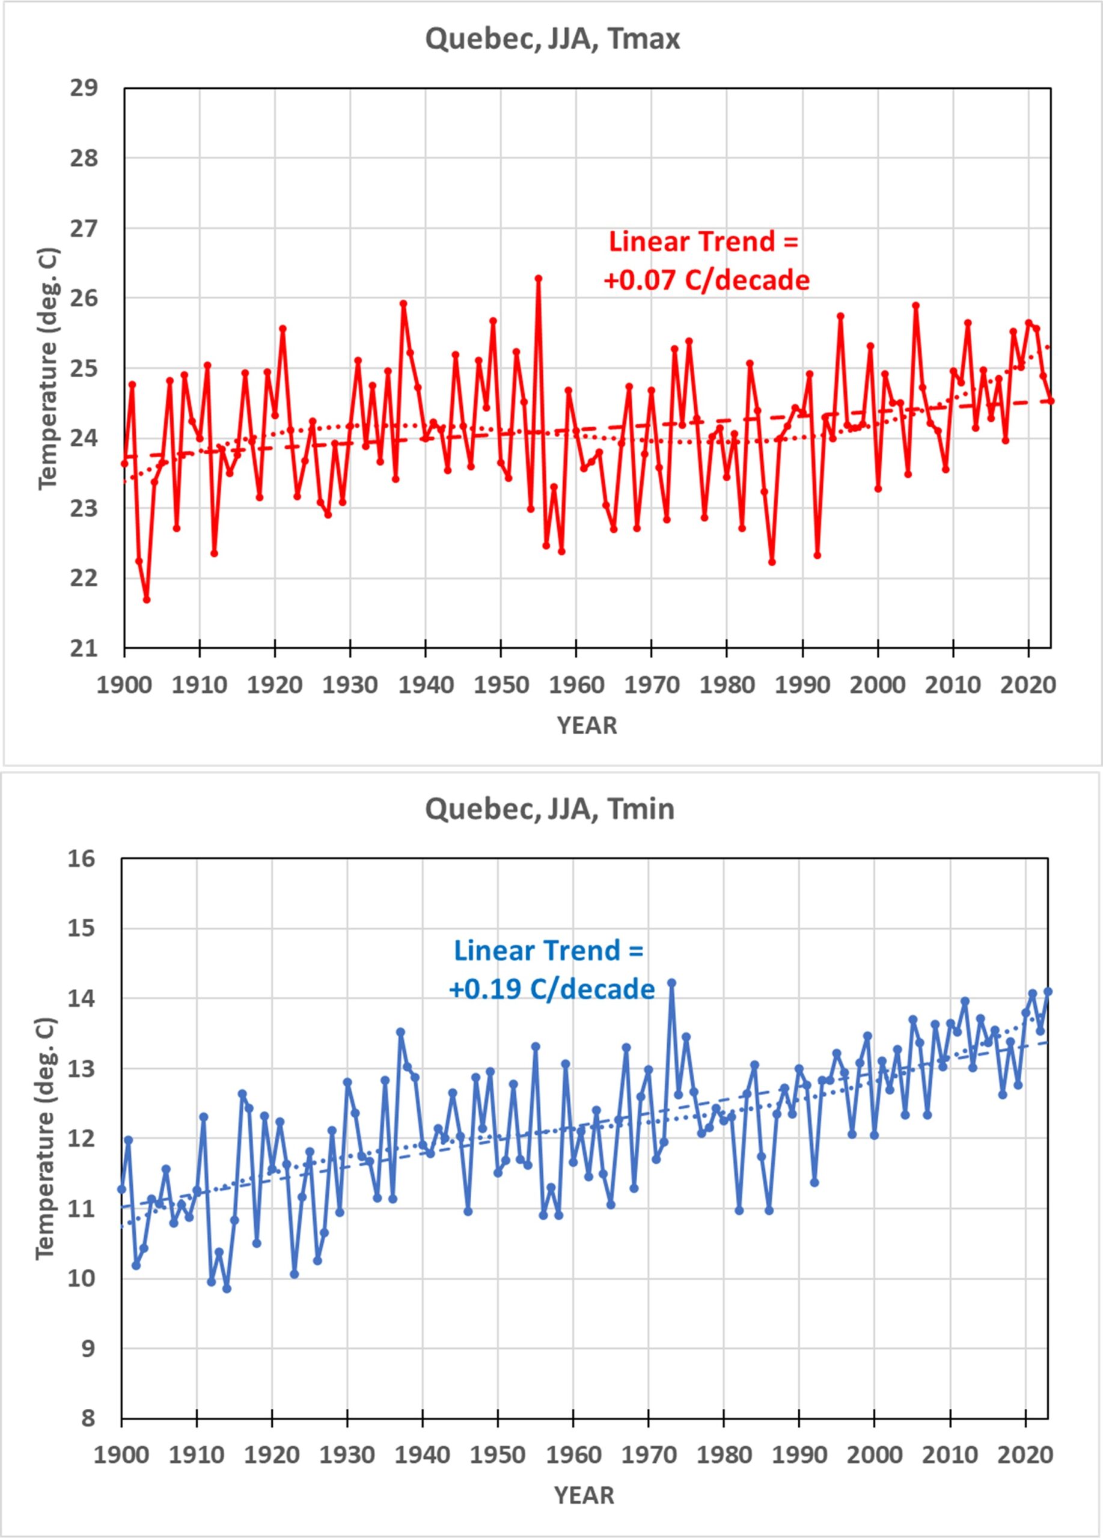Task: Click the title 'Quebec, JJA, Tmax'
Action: pos(552,39)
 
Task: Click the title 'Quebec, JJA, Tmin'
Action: pos(549,809)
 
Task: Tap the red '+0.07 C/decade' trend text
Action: pos(706,280)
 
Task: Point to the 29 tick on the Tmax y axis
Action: pos(84,88)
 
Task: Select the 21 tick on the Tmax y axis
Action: pos(84,649)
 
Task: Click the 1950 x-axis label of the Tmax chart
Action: pos(501,685)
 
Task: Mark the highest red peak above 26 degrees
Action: pos(539,278)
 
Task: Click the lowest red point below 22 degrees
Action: pos(147,600)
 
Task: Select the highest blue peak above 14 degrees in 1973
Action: pos(671,982)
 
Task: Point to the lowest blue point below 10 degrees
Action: pos(227,1289)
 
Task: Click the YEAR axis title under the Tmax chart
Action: pos(587,726)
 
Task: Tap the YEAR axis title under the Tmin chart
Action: pos(584,1495)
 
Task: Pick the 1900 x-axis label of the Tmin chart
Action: pos(121,1455)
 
